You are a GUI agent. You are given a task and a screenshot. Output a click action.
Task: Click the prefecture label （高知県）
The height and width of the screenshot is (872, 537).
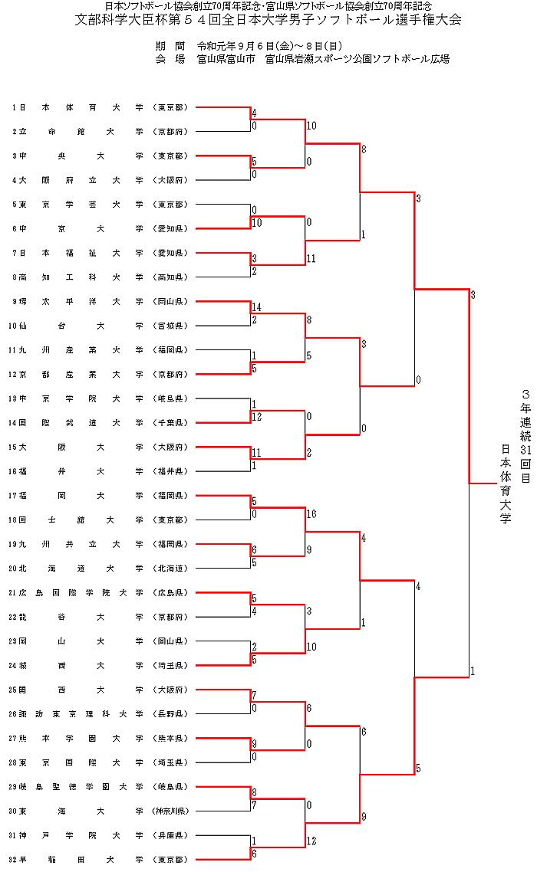(x=170, y=277)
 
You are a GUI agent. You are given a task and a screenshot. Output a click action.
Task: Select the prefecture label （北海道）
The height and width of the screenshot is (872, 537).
(x=170, y=568)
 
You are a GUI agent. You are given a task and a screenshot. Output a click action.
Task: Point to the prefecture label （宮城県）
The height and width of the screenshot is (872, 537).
(x=170, y=326)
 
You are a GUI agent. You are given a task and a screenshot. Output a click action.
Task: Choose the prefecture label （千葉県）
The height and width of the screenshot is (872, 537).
(x=170, y=422)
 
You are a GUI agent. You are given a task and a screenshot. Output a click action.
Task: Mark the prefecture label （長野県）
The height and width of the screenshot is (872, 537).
(x=170, y=713)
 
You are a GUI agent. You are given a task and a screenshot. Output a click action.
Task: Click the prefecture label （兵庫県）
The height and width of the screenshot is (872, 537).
(x=170, y=834)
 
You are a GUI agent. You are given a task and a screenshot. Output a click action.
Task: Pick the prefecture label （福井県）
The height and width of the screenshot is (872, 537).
(x=170, y=471)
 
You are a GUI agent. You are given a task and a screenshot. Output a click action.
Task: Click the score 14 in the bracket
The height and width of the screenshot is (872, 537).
(x=257, y=307)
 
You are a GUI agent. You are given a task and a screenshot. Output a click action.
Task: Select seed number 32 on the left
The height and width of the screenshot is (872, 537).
(x=16, y=859)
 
